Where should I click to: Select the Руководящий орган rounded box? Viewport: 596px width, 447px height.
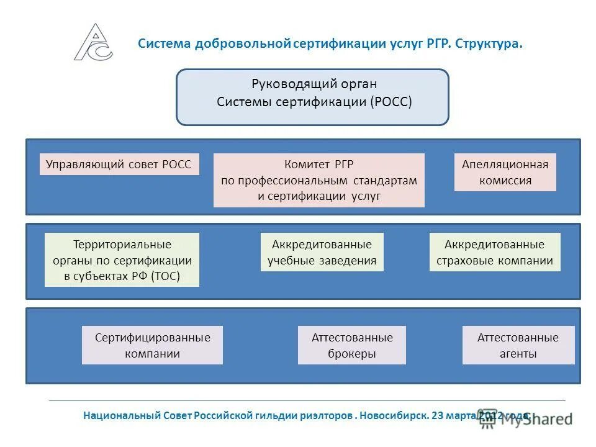[x=312, y=97]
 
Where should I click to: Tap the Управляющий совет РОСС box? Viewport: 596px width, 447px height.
[x=119, y=165]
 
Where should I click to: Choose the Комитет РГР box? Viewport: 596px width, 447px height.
[x=318, y=180]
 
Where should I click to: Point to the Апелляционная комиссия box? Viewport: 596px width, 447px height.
[x=505, y=173]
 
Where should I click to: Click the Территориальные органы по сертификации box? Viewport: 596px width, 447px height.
[x=122, y=260]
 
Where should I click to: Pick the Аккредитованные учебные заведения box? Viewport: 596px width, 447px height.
[x=322, y=252]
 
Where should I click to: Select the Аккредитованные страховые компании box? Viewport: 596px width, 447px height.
[x=494, y=252]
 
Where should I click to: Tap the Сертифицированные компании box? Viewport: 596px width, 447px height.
[x=152, y=345]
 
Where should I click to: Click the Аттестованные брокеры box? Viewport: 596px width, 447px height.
[x=351, y=345]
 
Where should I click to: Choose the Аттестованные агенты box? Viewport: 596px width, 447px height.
[x=518, y=345]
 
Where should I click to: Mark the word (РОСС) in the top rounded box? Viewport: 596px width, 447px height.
[x=391, y=102]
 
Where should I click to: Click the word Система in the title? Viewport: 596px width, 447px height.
[x=164, y=44]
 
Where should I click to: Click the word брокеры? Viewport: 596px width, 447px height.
[x=351, y=354]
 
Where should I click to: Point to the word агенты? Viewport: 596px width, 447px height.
[x=518, y=354]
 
